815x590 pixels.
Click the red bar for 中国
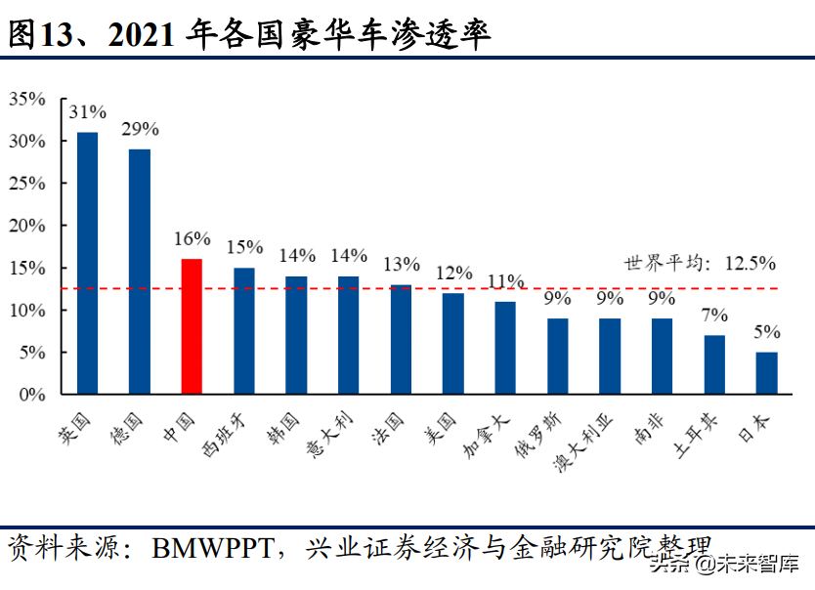(192, 326)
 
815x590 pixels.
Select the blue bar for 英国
(88, 263)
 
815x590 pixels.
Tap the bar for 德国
(140, 272)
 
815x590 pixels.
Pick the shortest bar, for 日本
(766, 373)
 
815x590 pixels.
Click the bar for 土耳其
(714, 364)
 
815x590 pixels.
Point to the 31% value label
(88, 111)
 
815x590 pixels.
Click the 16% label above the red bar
(192, 238)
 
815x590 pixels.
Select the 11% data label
(505, 281)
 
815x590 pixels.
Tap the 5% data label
(766, 332)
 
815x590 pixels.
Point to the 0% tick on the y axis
(32, 395)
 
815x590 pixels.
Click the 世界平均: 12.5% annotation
(700, 263)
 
